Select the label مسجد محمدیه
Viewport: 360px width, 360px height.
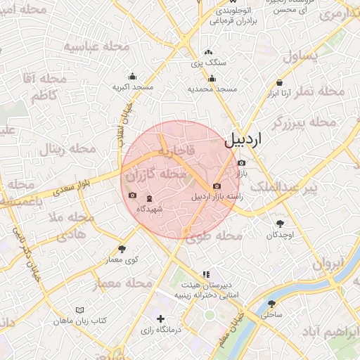(212, 89)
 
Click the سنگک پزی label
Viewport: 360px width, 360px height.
(209, 63)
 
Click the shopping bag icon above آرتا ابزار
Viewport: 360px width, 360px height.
(280, 82)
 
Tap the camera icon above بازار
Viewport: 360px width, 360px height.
(242, 162)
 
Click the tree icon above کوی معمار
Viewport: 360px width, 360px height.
(122, 248)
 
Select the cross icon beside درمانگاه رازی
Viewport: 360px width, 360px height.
(162, 319)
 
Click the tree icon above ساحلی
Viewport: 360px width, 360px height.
(271, 304)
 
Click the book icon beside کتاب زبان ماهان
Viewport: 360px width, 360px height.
(79, 310)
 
